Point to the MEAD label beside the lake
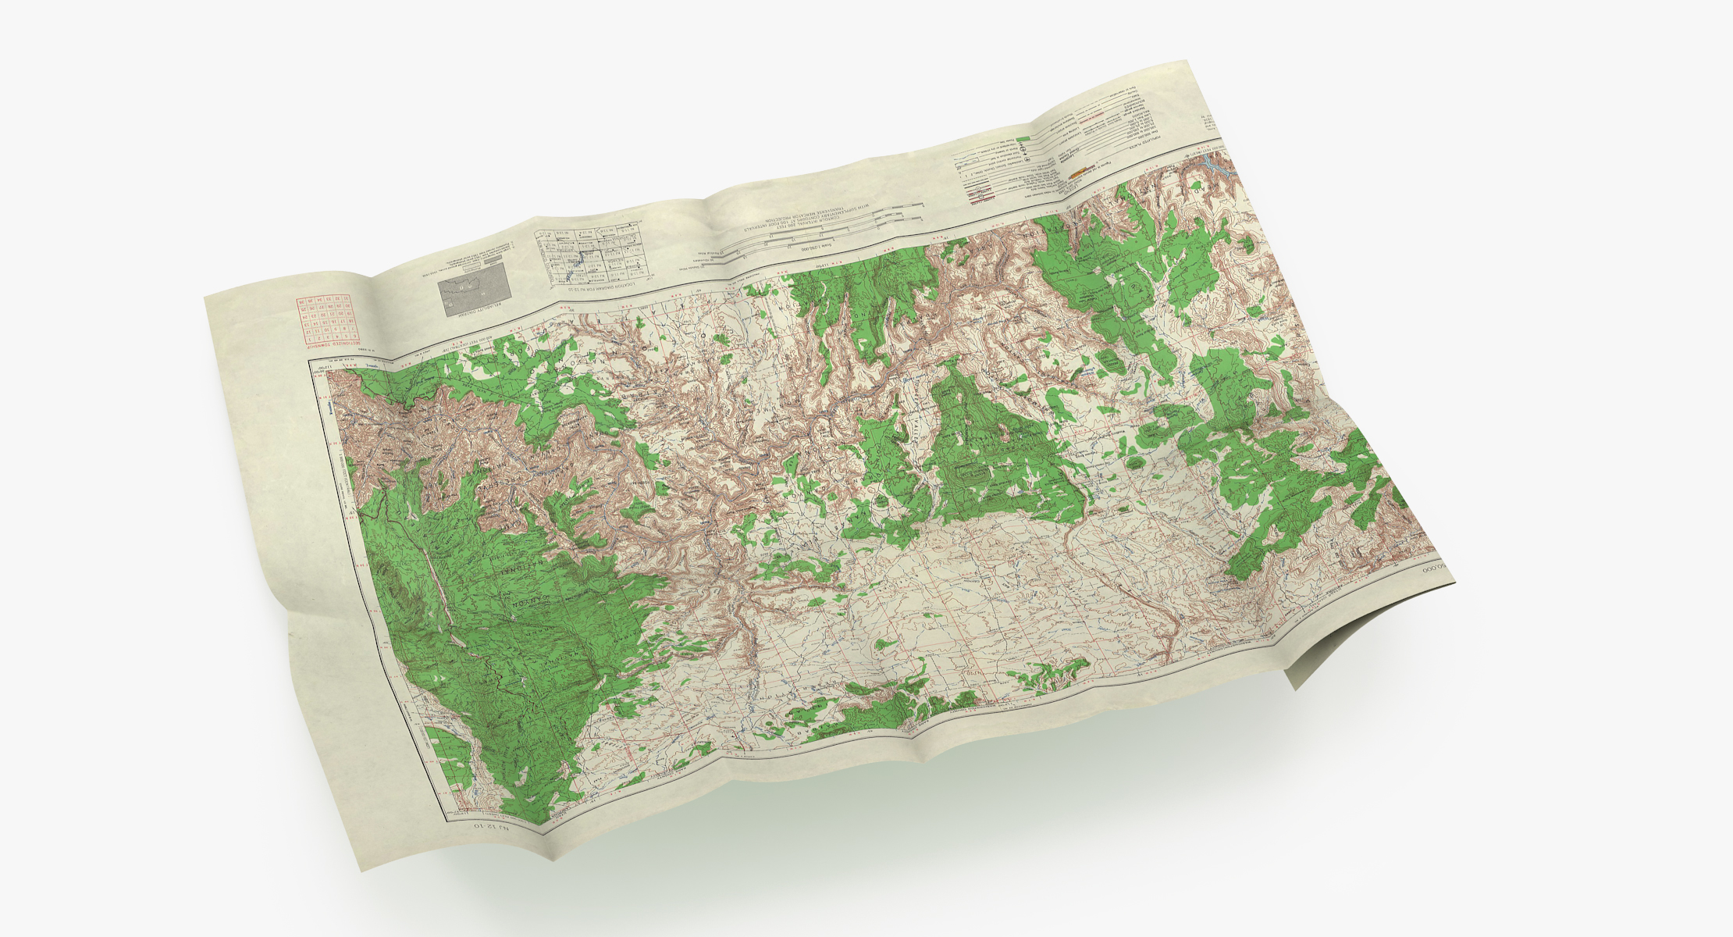[1194, 187]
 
